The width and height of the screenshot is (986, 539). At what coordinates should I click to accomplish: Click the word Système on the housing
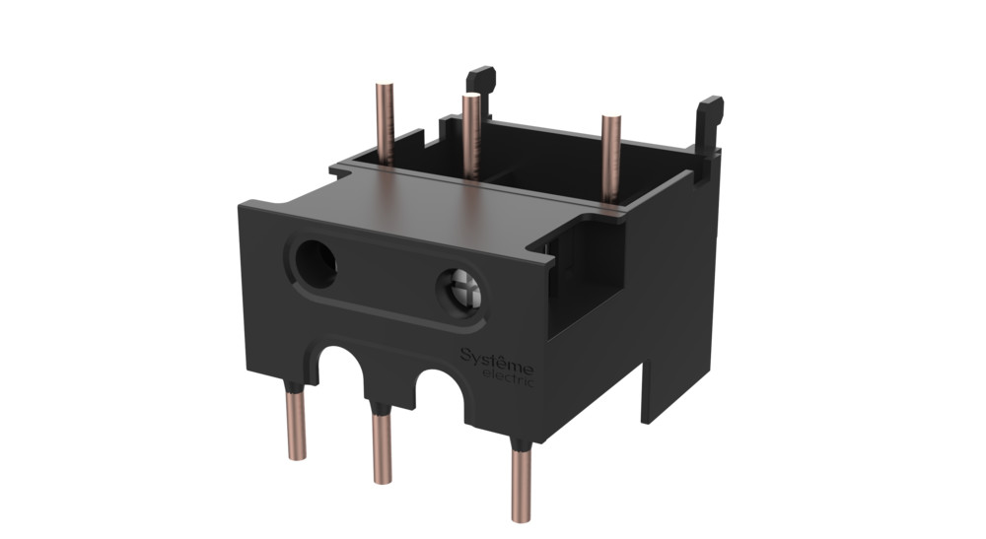(496, 356)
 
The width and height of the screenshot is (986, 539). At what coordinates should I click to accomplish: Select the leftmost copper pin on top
(385, 123)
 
